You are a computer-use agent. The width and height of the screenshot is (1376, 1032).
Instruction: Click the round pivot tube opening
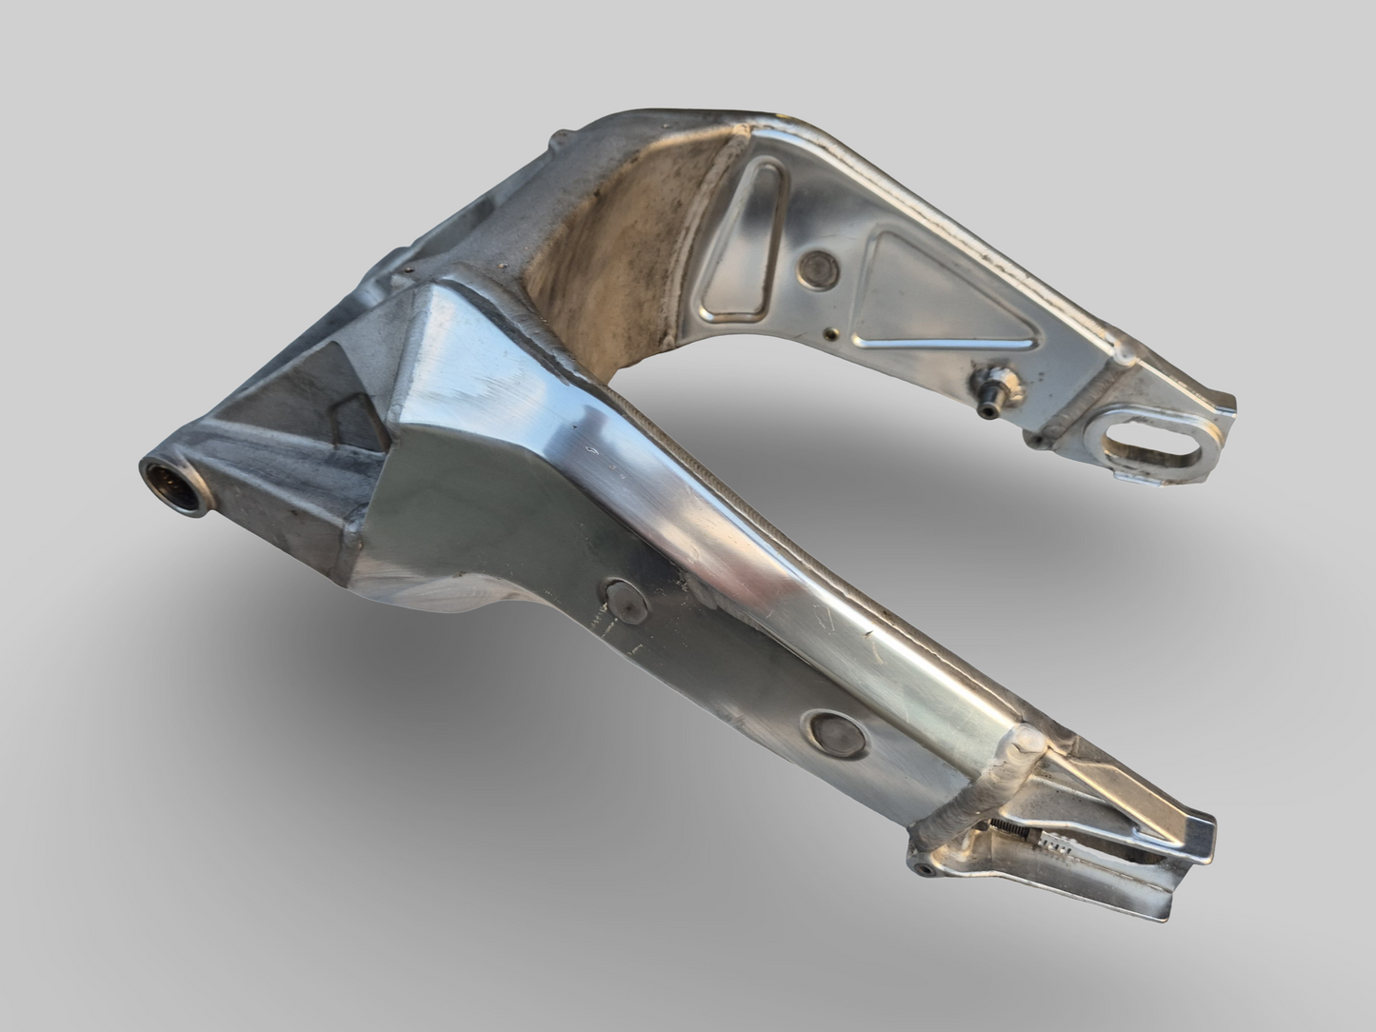click(171, 486)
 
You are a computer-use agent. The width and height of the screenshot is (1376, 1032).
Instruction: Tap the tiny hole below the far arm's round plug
click(834, 333)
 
